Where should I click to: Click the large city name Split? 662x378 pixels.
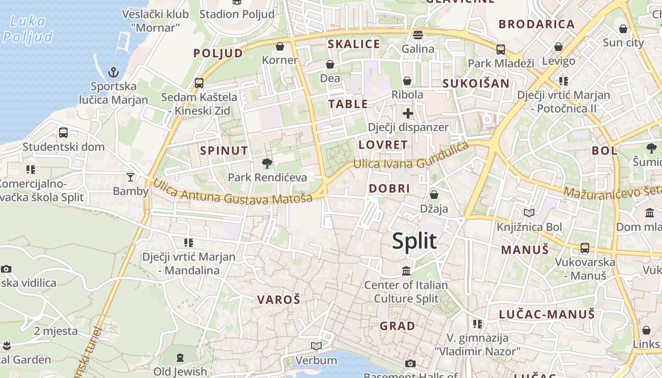[414, 241]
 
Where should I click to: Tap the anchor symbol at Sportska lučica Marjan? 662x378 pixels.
[113, 72]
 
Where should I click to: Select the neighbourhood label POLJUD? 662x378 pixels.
[218, 53]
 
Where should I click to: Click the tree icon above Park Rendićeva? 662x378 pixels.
[267, 163]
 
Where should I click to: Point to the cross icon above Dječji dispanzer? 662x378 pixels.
[408, 113]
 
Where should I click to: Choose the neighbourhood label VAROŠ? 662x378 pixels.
[279, 300]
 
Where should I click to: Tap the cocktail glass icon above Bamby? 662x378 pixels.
[131, 177]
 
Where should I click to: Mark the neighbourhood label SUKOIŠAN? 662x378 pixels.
[476, 84]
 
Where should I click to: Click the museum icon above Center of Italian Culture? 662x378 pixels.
[406, 271]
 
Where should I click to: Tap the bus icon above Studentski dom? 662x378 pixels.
[63, 133]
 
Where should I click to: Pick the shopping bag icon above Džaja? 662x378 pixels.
[434, 195]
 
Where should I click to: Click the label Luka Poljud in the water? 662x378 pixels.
[27, 29]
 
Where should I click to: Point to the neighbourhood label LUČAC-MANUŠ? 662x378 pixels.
[547, 314]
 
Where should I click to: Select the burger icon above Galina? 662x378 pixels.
[418, 35]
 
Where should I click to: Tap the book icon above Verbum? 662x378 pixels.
[316, 346]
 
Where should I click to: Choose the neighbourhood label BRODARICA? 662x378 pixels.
[537, 24]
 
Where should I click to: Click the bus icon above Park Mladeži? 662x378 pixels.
[500, 49]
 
